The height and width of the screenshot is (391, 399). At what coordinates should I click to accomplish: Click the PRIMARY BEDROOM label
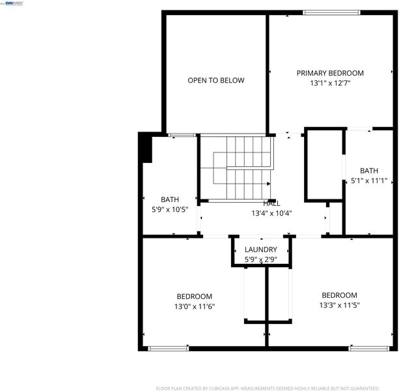coord(330,73)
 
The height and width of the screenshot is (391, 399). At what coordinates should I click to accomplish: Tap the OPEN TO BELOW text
coord(216,81)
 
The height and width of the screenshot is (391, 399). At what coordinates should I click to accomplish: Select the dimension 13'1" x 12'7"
coord(330,83)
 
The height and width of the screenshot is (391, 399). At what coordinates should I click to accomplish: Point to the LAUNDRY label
coord(261,250)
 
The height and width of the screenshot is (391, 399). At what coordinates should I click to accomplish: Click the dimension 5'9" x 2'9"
coord(261,259)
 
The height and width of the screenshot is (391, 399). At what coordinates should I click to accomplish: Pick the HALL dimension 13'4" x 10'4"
coord(271,213)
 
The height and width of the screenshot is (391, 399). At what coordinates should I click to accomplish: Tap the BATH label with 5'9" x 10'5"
coord(170,199)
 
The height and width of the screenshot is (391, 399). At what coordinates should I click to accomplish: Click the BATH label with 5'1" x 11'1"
coord(369,171)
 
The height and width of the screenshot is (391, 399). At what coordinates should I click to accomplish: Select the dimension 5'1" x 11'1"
coord(369,181)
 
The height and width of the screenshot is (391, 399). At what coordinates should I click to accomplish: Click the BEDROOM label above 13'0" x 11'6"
coord(195,297)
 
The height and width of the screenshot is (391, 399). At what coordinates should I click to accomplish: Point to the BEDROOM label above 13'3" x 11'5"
coord(340,295)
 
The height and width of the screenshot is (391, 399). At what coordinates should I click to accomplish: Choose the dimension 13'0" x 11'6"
coord(195,306)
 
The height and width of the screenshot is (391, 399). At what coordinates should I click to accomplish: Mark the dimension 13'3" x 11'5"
coord(340,305)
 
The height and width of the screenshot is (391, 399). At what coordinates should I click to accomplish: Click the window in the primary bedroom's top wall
coord(331,12)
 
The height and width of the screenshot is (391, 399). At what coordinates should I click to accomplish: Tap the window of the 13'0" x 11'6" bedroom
coord(169,349)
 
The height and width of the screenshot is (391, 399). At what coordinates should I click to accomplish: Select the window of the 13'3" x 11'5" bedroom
coord(369,349)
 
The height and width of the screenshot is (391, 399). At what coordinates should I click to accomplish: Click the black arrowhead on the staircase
coord(268,184)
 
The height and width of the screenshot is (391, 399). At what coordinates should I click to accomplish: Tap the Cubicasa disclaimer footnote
coord(268,388)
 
